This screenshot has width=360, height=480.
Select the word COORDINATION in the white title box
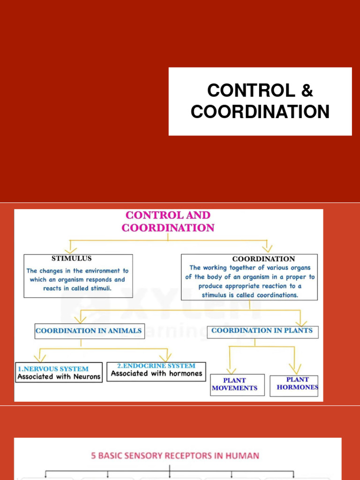click(260, 112)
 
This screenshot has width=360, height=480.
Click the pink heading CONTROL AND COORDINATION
click(168, 222)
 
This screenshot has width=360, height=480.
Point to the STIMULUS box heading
click(71, 258)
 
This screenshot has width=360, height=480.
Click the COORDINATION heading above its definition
click(263, 259)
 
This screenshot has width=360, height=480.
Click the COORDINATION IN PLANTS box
click(262, 330)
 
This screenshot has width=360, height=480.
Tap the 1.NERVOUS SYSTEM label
click(53, 369)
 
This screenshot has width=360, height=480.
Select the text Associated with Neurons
click(59, 376)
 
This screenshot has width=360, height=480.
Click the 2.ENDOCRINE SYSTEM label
click(156, 366)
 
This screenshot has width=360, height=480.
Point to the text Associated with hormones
click(157, 374)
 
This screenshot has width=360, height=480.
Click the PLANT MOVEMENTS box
click(234, 384)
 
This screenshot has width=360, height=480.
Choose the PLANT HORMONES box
click(297, 383)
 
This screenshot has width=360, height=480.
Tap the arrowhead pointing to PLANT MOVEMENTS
click(230, 369)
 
